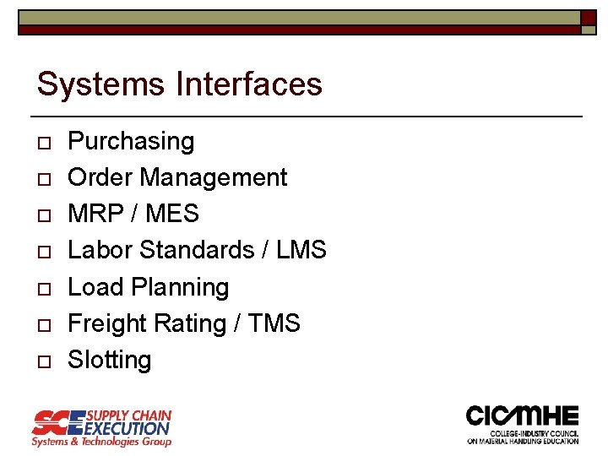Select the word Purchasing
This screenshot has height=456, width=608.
point(131,141)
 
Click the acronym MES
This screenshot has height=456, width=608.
point(172,214)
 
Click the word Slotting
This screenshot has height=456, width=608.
point(110,360)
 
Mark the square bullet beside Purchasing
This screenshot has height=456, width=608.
point(44,142)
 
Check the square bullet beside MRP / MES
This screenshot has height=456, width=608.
point(44,215)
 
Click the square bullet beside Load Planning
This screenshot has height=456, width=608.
point(44,288)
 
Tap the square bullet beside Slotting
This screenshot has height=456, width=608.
point(44,361)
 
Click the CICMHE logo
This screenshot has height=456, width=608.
point(523,424)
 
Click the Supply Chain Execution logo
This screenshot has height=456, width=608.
point(101,427)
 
